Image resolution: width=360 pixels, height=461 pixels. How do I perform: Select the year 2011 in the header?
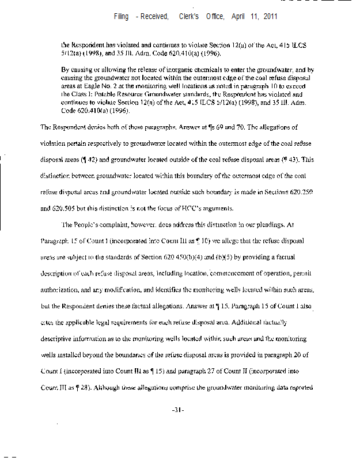click(x=270, y=17)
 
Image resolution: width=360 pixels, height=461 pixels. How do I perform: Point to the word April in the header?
click(x=239, y=17)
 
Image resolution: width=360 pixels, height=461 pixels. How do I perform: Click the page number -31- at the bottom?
click(x=177, y=410)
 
